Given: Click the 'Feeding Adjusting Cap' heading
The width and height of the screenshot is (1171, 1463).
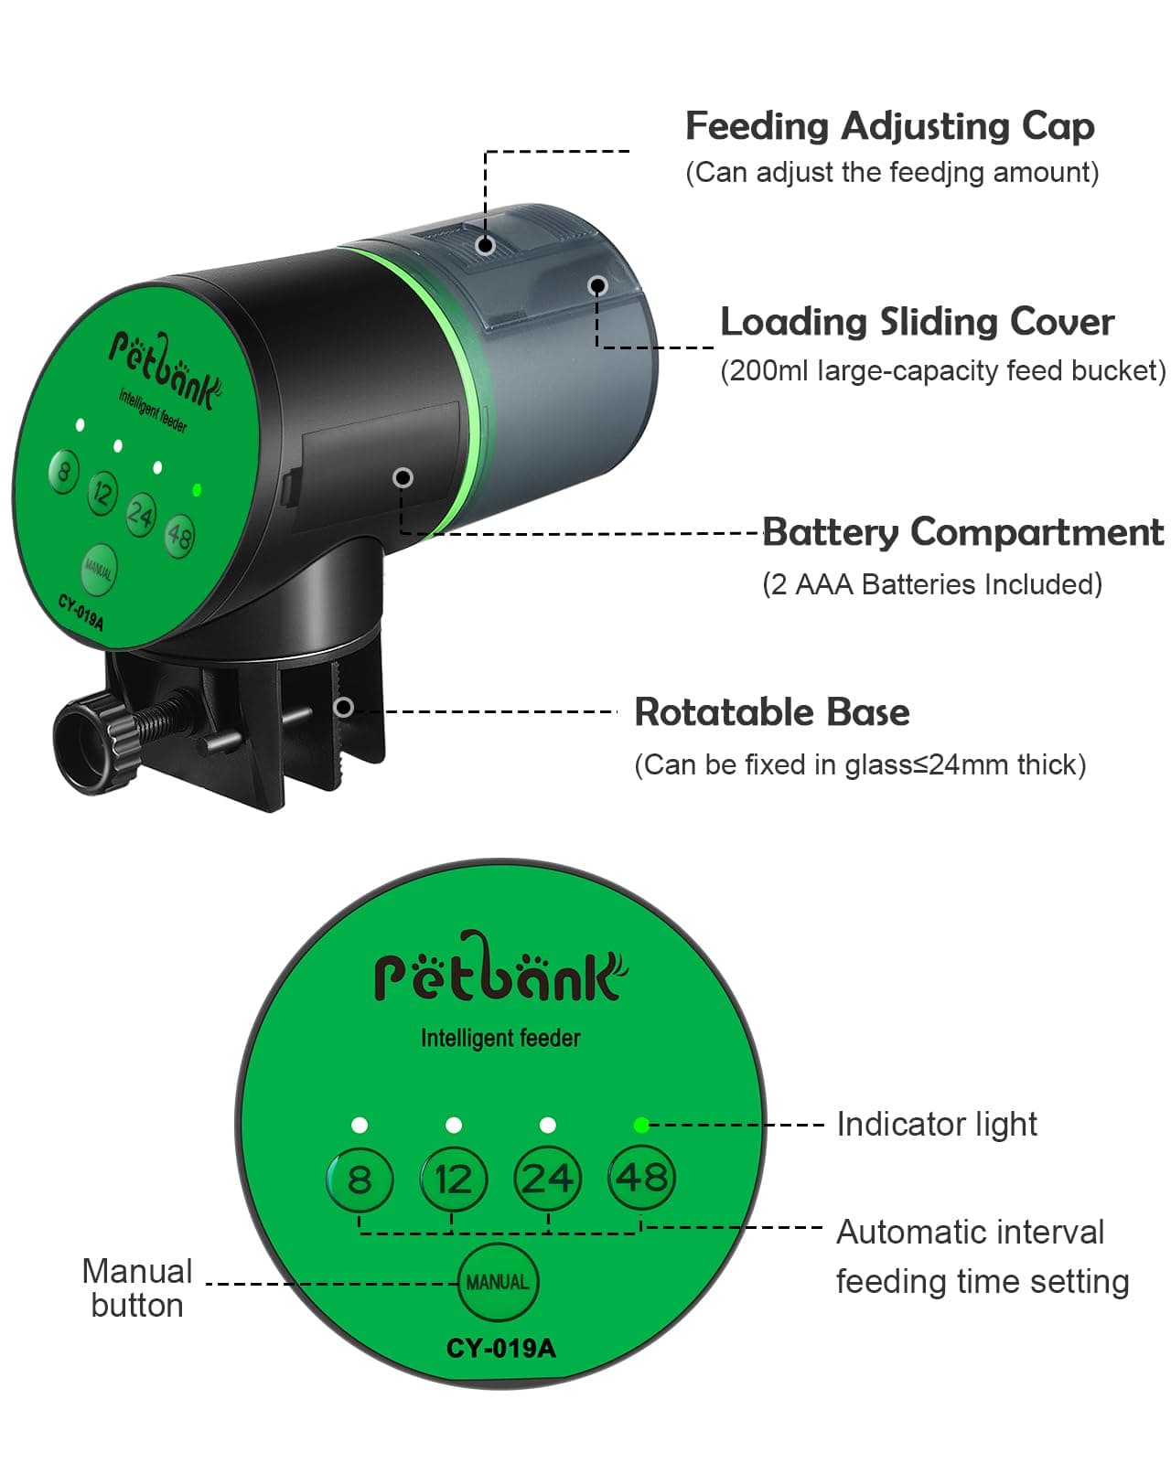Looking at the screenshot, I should [x=889, y=126].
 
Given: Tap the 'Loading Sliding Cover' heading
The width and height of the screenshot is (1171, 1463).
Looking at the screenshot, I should [x=917, y=322].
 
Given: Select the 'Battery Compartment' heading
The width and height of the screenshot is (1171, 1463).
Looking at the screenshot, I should [x=962, y=532].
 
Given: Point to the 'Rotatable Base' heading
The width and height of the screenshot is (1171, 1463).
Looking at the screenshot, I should [x=772, y=712].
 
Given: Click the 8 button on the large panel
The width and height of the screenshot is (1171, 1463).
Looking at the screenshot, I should [x=360, y=1179].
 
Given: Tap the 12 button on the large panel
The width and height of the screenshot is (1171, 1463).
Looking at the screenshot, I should [x=453, y=1179].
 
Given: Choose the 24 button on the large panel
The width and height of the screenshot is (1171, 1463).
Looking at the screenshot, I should [x=547, y=1179].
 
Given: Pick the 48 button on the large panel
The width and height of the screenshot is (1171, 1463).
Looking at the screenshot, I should [x=641, y=1178].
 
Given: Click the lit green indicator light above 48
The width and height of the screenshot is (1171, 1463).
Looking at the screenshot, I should [x=641, y=1125].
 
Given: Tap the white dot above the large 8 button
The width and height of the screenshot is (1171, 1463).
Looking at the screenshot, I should [x=360, y=1125].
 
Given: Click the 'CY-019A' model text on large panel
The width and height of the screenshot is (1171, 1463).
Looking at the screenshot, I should [x=500, y=1348].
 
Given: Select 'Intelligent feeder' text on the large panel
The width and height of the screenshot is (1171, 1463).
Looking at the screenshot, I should [x=500, y=1038].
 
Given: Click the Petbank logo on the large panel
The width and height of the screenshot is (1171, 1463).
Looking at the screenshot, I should [x=500, y=971].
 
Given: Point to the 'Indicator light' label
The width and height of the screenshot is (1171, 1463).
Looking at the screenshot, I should [x=936, y=1124].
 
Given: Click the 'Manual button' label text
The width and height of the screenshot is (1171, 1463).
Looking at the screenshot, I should [x=137, y=1287].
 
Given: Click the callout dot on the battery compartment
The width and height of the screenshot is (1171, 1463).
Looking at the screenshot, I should [x=403, y=477].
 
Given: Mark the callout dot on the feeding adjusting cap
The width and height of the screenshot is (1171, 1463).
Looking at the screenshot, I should [x=487, y=245].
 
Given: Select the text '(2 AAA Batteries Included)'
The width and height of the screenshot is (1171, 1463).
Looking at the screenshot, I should [x=931, y=584].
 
